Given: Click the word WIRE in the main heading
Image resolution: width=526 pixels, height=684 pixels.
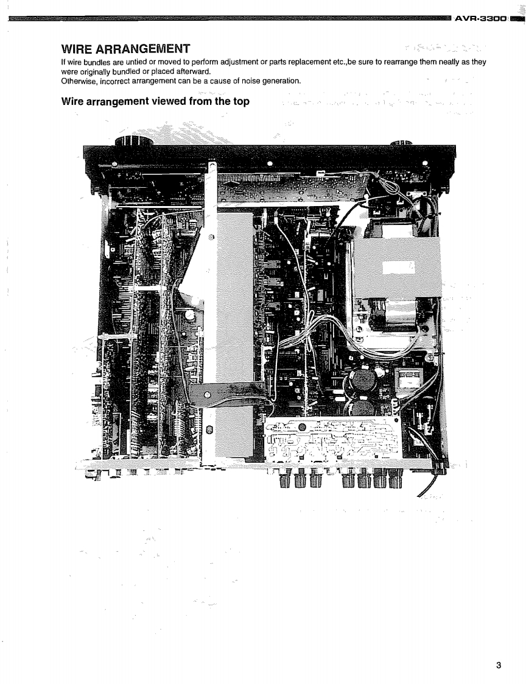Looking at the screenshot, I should pos(85,48).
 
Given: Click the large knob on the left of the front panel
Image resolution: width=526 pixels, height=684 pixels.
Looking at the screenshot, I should pos(130,146).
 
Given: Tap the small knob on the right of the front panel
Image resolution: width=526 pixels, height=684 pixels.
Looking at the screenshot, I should pos(401,144).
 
